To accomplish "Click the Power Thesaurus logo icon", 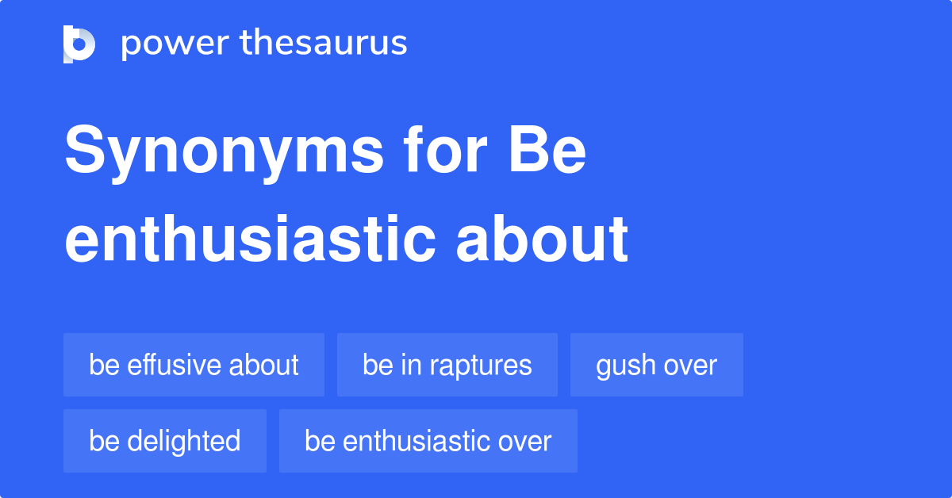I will tap(79, 44).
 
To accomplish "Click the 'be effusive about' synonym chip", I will tap(194, 365).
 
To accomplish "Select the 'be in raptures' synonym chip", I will tap(447, 365).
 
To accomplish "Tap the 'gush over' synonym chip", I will tap(656, 365).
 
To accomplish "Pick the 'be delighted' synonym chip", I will tap(164, 441).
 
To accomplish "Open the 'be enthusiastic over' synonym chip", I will tap(428, 441).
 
